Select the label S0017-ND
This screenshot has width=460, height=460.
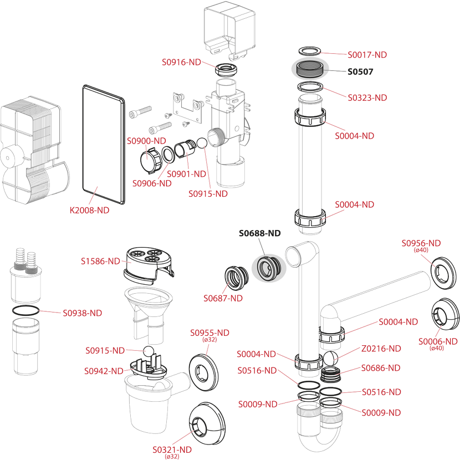pyautogui.click(x=367, y=54)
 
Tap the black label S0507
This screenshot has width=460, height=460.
pyautogui.click(x=360, y=71)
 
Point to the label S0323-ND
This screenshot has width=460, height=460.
pyautogui.click(x=367, y=98)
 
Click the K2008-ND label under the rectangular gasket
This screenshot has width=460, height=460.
pyautogui.click(x=89, y=210)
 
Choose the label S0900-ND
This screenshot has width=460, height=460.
pyautogui.click(x=147, y=141)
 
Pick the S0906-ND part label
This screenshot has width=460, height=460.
pyautogui.click(x=152, y=183)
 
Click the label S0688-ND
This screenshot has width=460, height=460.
pyautogui.click(x=259, y=233)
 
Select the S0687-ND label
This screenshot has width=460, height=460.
pyautogui.click(x=223, y=298)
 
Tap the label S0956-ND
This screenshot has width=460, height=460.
pyautogui.click(x=421, y=243)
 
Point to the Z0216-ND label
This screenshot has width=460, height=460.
pyautogui.click(x=381, y=349)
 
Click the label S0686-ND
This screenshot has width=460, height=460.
pyautogui.click(x=381, y=367)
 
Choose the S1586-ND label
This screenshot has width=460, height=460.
pyautogui.click(x=100, y=260)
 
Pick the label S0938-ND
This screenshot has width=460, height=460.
pyautogui.click(x=83, y=313)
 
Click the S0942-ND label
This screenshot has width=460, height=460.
pyautogui.click(x=104, y=371)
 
